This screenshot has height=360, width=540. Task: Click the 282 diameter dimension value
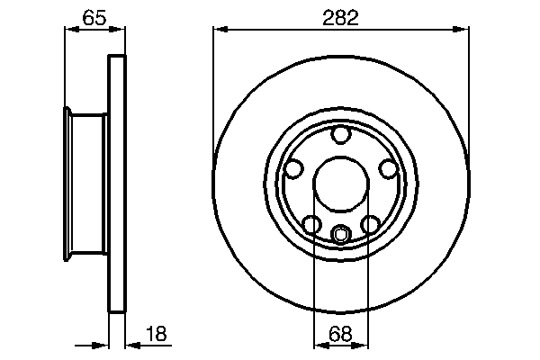[341, 18]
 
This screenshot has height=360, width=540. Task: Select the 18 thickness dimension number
[156, 335]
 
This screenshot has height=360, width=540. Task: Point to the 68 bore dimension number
[340, 335]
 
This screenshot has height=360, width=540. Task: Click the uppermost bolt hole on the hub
[340, 136]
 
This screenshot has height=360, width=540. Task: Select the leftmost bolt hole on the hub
[293, 168]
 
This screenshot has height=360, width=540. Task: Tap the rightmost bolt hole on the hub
[387, 168]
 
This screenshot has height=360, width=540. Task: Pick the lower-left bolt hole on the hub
[311, 224]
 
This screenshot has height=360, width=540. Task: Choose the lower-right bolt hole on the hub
[370, 224]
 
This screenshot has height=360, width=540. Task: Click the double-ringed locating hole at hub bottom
[340, 236]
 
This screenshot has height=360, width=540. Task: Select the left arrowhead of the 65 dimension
[69, 29]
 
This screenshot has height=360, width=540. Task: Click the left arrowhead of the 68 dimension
[318, 346]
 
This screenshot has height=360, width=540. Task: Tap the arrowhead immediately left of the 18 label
[130, 345]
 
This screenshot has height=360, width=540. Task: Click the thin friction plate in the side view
[115, 184]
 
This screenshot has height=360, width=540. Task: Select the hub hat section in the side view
[86, 184]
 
